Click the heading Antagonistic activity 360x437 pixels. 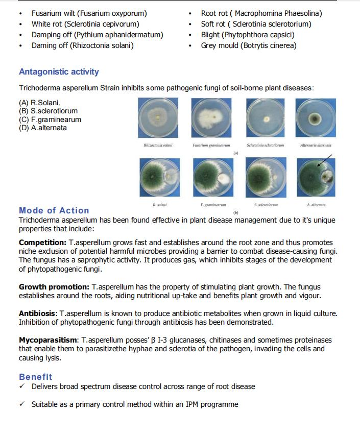point(59,72)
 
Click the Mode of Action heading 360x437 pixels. point(54,210)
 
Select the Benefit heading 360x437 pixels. point(35,377)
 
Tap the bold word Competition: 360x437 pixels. point(42,242)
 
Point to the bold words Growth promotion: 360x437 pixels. point(54,287)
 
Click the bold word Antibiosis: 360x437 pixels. point(38,313)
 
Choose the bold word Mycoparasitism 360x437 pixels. point(49,340)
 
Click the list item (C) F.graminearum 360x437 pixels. point(50,119)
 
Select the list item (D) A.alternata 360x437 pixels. point(43,128)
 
